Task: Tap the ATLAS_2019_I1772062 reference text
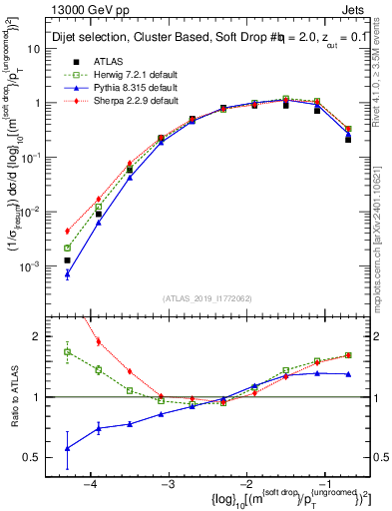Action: (206, 298)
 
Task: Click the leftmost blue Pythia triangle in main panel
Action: (67, 273)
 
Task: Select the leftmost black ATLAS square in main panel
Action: (67, 260)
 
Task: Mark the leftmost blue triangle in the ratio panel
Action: (67, 448)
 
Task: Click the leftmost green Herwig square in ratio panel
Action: (67, 351)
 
